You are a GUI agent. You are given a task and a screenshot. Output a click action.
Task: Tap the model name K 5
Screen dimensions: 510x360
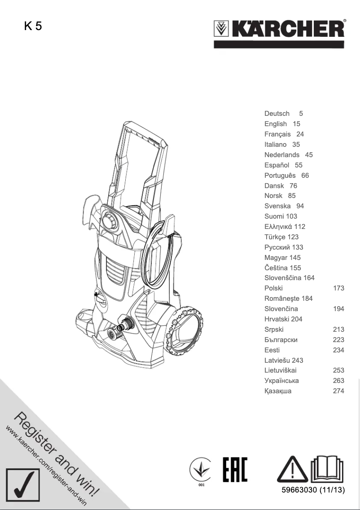tap(33, 26)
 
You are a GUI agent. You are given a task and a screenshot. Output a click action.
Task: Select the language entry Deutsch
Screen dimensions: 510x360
tap(277, 114)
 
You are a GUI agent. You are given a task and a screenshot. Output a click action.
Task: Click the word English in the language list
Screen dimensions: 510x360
tap(276, 124)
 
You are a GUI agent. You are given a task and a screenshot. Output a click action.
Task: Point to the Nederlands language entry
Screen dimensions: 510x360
tap(282, 155)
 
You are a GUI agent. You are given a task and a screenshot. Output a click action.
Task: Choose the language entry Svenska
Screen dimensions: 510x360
tap(277, 206)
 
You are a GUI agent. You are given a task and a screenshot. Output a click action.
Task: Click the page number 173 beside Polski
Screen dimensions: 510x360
tap(338, 288)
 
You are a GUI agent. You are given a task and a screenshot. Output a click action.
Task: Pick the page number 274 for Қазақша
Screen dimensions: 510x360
tap(338, 391)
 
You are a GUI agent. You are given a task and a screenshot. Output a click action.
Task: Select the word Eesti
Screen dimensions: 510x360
tap(272, 350)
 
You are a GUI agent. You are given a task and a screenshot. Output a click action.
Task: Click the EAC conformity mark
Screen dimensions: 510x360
tap(235, 470)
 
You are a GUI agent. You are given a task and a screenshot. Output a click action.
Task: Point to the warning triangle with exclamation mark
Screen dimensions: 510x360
tap(292, 469)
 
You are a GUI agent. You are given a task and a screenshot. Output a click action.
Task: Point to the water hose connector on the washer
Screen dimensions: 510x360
tap(124, 326)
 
